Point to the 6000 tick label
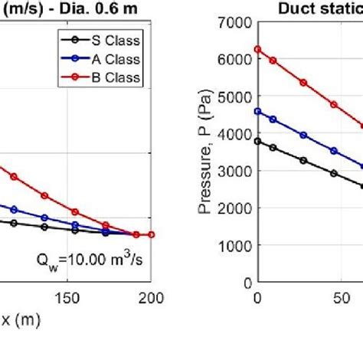click(234, 60)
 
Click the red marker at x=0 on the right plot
click(257, 49)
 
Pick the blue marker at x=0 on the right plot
click(257, 112)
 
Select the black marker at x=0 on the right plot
click(257, 141)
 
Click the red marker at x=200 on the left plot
click(151, 234)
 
